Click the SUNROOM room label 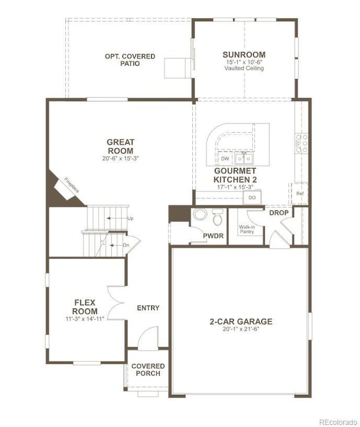[244, 55]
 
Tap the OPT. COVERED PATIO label [130, 60]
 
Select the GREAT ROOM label [120, 146]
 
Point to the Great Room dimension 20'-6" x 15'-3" [120, 158]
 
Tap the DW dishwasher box [225, 159]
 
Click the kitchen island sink [240, 159]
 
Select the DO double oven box [252, 197]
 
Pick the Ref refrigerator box [300, 194]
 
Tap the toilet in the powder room [217, 217]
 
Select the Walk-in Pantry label [246, 229]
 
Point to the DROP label [278, 213]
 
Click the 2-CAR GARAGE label [240, 321]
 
